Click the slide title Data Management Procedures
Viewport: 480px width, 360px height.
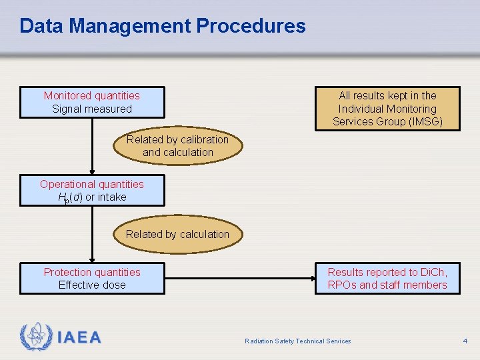click(163, 26)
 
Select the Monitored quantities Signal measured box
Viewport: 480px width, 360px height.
click(92, 102)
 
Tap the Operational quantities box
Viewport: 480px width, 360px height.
click(92, 190)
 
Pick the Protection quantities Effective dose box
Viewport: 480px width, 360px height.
click(92, 279)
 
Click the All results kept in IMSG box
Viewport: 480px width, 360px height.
click(387, 109)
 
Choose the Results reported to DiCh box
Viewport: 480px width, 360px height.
click(387, 279)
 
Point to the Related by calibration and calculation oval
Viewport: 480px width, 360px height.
click(177, 146)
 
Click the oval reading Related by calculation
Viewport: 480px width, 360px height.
click(177, 234)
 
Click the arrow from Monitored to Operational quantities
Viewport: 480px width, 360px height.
click(92, 147)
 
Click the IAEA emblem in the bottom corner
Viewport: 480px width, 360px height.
click(36, 337)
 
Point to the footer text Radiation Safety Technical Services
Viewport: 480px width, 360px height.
click(297, 341)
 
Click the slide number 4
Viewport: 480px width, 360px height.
click(465, 341)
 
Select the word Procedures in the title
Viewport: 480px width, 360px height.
click(251, 26)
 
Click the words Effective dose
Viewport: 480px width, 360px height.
click(92, 285)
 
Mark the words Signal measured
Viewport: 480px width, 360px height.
click(92, 109)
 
